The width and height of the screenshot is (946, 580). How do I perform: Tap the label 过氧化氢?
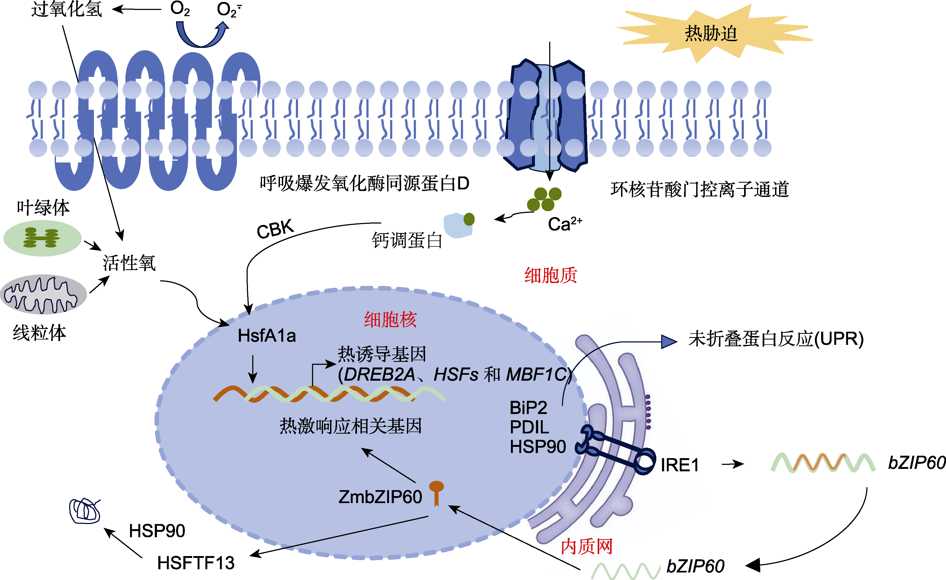(x=66, y=9)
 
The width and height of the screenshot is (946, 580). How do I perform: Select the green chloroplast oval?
(x=42, y=238)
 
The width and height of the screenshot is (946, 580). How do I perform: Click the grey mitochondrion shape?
(x=43, y=295)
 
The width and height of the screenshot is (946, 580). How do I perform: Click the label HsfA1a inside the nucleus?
(x=267, y=336)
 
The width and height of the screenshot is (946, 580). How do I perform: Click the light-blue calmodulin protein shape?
(x=458, y=225)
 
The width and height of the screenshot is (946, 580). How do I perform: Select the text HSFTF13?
(x=196, y=563)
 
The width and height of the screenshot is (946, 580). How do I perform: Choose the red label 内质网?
(x=586, y=546)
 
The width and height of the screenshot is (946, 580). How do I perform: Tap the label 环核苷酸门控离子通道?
(x=699, y=189)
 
